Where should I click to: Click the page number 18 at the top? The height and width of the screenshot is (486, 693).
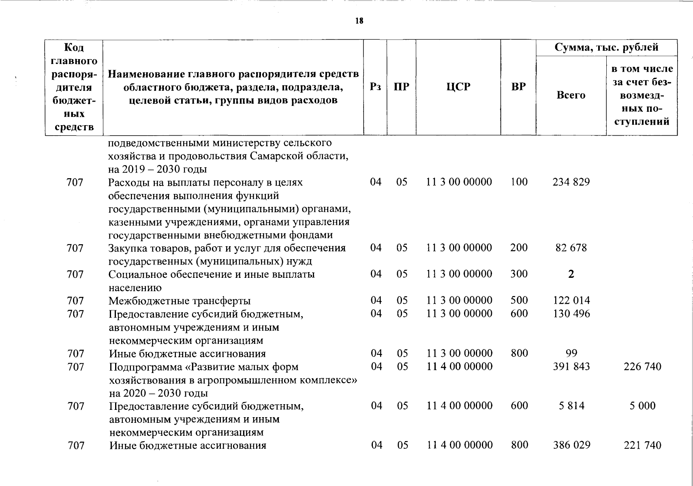[359, 21]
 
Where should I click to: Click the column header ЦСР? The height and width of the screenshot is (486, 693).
[458, 87]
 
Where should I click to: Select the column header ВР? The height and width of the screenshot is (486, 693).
[518, 87]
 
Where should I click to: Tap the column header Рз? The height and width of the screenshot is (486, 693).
[375, 87]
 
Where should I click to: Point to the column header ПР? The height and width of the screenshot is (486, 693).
[401, 87]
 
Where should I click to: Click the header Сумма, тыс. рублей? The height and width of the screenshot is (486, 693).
[606, 47]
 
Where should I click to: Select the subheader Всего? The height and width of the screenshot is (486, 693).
[571, 95]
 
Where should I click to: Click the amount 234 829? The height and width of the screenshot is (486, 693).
[571, 182]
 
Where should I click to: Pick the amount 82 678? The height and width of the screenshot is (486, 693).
[571, 247]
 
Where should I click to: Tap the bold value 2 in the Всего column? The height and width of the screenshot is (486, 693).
[571, 274]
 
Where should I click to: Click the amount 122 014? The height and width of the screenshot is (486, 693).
[571, 301]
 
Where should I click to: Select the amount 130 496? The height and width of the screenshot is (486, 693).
[571, 313]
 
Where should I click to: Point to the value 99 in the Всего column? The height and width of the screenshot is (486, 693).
[571, 353]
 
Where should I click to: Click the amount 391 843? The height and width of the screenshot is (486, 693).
[571, 367]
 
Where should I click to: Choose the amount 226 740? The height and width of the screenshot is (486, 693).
[642, 367]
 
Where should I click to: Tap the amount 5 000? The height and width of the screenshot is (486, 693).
[642, 406]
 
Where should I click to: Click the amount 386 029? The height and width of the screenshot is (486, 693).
[571, 445]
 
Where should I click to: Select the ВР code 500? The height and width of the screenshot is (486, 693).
[519, 301]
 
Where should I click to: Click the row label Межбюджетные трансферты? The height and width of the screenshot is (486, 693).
[180, 301]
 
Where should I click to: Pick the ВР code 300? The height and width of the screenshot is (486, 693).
[519, 274]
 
